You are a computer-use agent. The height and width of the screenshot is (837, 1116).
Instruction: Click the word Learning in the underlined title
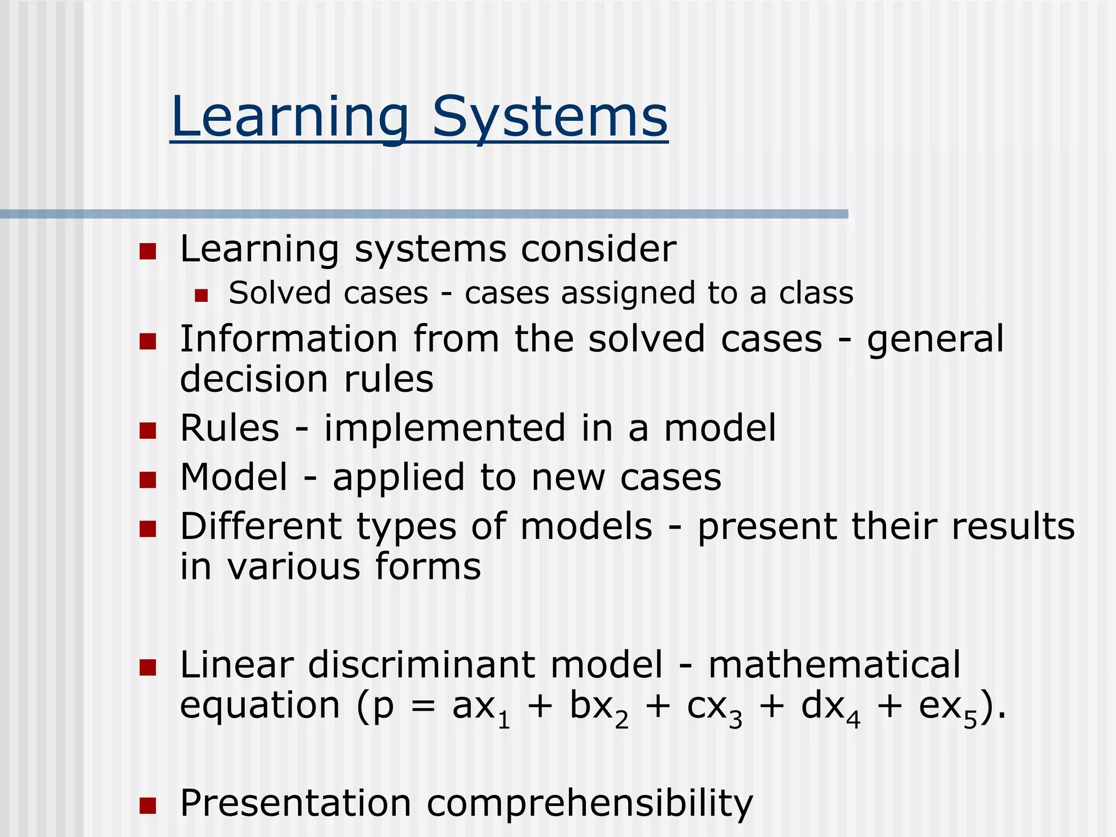(x=289, y=117)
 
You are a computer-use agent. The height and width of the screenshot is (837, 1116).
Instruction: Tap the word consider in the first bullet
(x=598, y=249)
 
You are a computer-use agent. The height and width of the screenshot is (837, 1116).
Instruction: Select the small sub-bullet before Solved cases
(x=202, y=295)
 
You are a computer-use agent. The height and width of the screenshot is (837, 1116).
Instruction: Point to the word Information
(x=289, y=339)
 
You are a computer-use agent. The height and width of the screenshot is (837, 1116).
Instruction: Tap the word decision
(x=254, y=379)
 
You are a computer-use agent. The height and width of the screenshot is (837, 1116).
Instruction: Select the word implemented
(x=445, y=428)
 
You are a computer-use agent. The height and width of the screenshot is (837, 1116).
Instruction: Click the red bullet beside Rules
(x=148, y=430)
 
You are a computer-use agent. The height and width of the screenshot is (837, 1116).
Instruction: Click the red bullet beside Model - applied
(x=148, y=480)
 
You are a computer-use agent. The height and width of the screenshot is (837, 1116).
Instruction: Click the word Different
(x=260, y=526)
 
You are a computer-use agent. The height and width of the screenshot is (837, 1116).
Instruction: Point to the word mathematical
(x=834, y=665)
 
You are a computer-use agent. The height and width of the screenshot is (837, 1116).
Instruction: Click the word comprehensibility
(x=589, y=804)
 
